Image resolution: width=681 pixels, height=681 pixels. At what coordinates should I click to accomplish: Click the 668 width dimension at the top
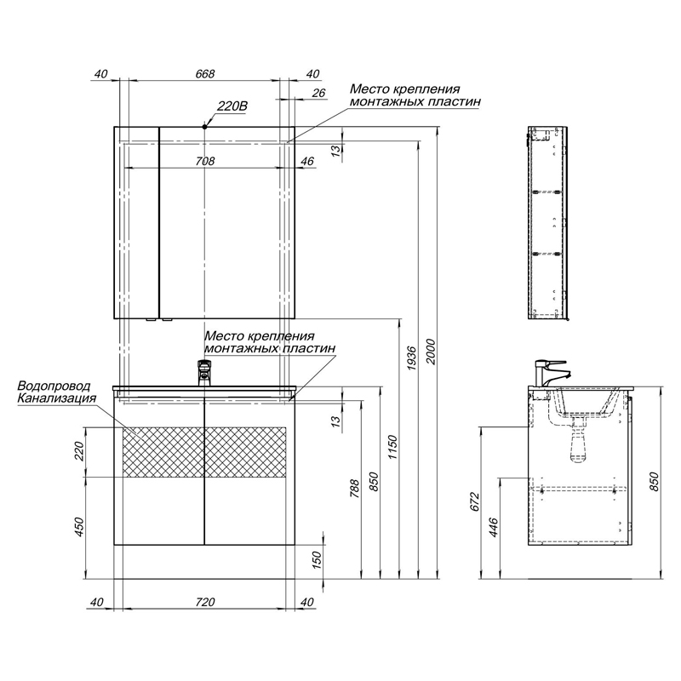pos(204,74)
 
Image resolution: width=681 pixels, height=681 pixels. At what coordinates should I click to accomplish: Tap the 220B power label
pos(232,106)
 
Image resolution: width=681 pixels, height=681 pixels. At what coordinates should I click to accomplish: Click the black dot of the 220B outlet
pos(204,126)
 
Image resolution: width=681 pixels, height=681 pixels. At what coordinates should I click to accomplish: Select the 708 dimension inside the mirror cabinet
pos(205,161)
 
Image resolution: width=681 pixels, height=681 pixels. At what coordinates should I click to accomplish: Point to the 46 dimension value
pos(307,161)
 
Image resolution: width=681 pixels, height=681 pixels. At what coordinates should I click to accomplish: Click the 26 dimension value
pos(318,93)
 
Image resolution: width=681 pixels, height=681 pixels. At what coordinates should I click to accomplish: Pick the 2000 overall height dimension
pos(430,352)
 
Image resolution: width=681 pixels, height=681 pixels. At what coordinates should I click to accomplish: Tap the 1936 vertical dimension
pos(411,358)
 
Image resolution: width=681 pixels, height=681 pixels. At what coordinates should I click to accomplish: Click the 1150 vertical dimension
pos(392,448)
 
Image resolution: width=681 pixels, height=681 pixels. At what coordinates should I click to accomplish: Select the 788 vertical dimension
pos(354,488)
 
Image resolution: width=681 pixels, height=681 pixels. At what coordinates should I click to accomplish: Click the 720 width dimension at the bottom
pos(205,602)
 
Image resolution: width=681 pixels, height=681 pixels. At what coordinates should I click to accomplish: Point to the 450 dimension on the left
pos(79,527)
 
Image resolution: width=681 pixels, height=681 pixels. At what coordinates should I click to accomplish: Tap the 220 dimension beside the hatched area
pos(79,452)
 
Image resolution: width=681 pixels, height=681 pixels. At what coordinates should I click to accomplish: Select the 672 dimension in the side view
pos(475,501)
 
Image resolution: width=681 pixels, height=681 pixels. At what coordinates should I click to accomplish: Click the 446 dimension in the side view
pos(494,528)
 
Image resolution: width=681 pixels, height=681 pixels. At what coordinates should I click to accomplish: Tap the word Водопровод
pos(54,386)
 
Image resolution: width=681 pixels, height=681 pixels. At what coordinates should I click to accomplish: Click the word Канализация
pos(56,398)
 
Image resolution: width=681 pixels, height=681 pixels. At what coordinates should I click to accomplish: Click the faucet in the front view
pos(204,373)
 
